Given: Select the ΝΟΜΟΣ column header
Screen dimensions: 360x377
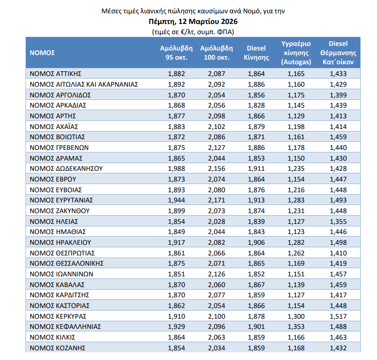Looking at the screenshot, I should pyautogui.click(x=42, y=53).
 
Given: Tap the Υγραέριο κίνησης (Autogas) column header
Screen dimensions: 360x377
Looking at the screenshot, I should pyautogui.click(x=296, y=53).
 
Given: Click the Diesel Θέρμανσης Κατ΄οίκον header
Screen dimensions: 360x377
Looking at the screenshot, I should pyautogui.click(x=338, y=53).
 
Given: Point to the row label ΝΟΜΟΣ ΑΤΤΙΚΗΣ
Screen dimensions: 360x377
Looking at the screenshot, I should pyautogui.click(x=56, y=74).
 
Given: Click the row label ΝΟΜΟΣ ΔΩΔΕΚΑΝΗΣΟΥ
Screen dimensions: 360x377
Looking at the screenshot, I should pyautogui.click(x=66, y=168).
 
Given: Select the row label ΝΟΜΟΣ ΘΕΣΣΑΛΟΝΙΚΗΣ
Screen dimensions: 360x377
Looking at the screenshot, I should pyautogui.click(x=67, y=263).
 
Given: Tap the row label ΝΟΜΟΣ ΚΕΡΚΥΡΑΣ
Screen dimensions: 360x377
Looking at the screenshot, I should pyautogui.click(x=59, y=316).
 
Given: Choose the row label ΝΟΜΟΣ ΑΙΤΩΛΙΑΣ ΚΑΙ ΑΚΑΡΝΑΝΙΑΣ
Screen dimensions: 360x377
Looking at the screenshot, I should pyautogui.click(x=84, y=84).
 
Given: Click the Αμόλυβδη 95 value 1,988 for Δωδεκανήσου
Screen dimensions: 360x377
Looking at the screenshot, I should pyautogui.click(x=176, y=168).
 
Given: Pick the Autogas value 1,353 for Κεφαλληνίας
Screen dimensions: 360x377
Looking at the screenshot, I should pyautogui.click(x=296, y=327).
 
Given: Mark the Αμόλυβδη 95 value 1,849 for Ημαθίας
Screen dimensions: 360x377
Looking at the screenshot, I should pyautogui.click(x=176, y=232).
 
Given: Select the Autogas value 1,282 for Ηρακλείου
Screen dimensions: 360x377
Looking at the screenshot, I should pyautogui.click(x=296, y=242).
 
